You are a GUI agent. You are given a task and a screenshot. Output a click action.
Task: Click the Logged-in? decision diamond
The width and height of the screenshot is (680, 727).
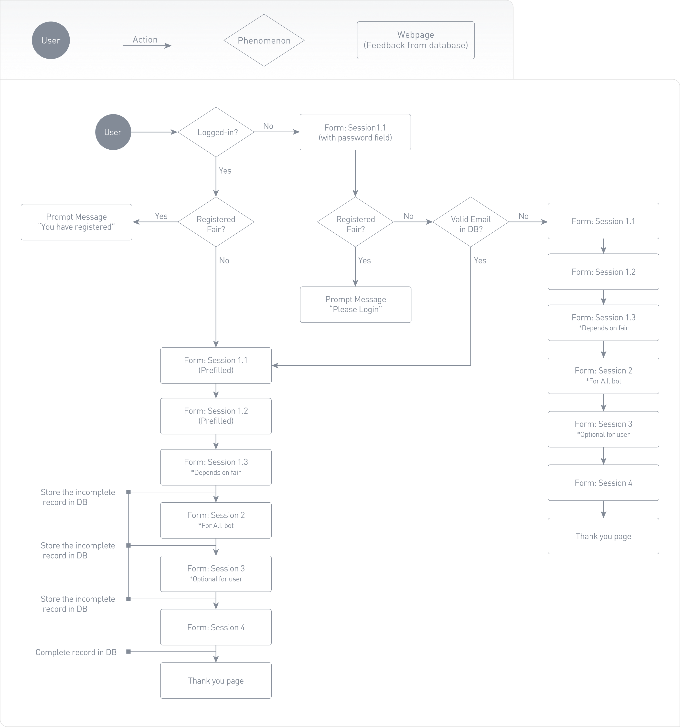(x=216, y=132)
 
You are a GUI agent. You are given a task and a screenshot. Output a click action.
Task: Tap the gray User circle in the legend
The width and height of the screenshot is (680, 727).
(x=51, y=40)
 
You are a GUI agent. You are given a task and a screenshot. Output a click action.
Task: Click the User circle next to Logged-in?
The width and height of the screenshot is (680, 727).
(x=113, y=132)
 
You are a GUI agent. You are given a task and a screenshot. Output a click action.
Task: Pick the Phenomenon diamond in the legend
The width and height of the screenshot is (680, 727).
(x=264, y=40)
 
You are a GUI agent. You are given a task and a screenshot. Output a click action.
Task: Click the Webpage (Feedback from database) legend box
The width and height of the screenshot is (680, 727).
(x=415, y=40)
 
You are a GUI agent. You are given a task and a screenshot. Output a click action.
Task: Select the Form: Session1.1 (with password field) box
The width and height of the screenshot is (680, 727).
(x=355, y=132)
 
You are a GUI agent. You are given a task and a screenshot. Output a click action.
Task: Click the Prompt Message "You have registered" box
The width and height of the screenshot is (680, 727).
(x=76, y=222)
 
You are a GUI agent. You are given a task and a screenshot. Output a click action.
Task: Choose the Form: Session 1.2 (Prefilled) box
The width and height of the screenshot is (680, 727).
(x=216, y=416)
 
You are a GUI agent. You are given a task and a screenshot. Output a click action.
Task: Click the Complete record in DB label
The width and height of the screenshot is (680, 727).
(x=76, y=652)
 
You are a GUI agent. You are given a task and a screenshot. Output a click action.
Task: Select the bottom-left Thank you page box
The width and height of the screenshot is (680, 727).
(x=216, y=681)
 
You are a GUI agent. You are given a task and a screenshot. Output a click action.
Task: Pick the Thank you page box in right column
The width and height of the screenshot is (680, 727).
(x=603, y=536)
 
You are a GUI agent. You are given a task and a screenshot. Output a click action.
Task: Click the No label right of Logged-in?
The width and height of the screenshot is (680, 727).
(x=268, y=126)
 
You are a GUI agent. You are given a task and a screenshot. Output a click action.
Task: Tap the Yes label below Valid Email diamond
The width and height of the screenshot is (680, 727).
(x=480, y=260)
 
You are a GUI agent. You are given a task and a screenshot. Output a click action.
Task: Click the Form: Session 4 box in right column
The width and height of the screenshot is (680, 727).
(x=603, y=483)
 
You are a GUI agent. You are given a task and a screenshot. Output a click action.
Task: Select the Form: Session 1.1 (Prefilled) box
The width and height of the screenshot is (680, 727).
(x=216, y=365)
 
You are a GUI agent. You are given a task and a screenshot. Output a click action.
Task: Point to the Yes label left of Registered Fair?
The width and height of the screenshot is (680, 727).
(x=161, y=216)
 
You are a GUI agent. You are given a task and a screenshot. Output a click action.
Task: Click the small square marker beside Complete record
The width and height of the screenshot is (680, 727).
(x=128, y=652)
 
